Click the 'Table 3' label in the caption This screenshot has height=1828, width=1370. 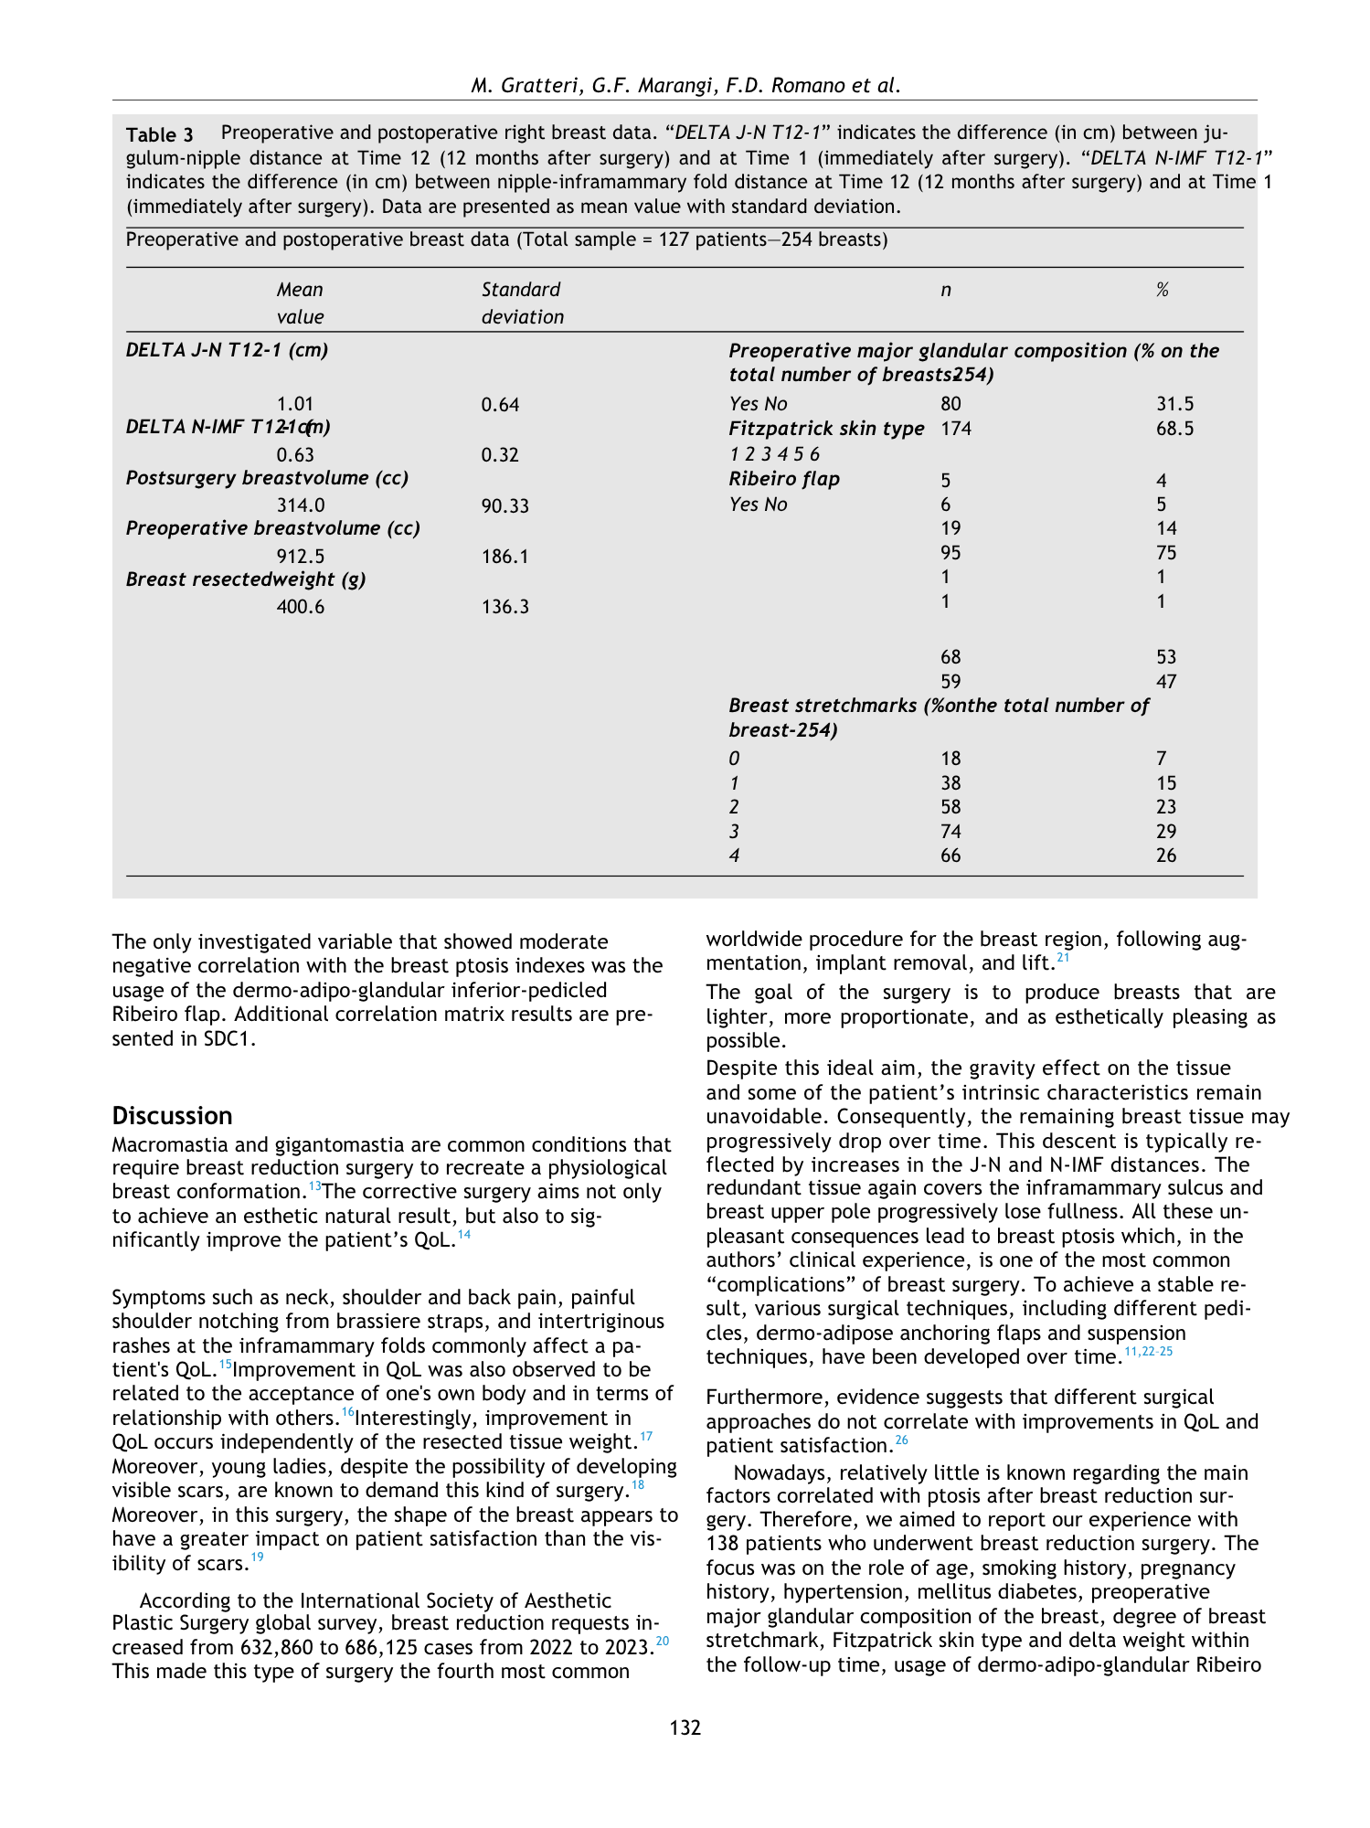[x=160, y=135]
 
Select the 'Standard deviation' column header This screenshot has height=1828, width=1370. [x=522, y=303]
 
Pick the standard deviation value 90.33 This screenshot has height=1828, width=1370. [x=504, y=505]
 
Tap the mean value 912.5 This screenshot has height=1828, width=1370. [x=301, y=556]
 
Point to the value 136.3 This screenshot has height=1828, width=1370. [x=504, y=607]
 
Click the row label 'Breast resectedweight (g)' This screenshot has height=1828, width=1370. [x=246, y=579]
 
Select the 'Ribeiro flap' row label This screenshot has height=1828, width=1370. [x=784, y=479]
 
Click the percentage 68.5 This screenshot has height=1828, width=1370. [x=1174, y=429]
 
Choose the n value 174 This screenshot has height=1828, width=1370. [x=956, y=429]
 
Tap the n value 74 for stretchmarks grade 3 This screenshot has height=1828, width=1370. [x=951, y=832]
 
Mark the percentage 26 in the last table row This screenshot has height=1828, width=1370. [x=1166, y=856]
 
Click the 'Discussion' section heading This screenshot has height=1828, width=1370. [x=172, y=1116]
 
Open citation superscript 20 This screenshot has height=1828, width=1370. [x=663, y=1641]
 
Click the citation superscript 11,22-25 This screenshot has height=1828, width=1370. [x=1148, y=1351]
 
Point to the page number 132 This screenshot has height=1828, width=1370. [x=685, y=1727]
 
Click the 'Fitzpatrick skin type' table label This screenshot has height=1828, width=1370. [x=826, y=429]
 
